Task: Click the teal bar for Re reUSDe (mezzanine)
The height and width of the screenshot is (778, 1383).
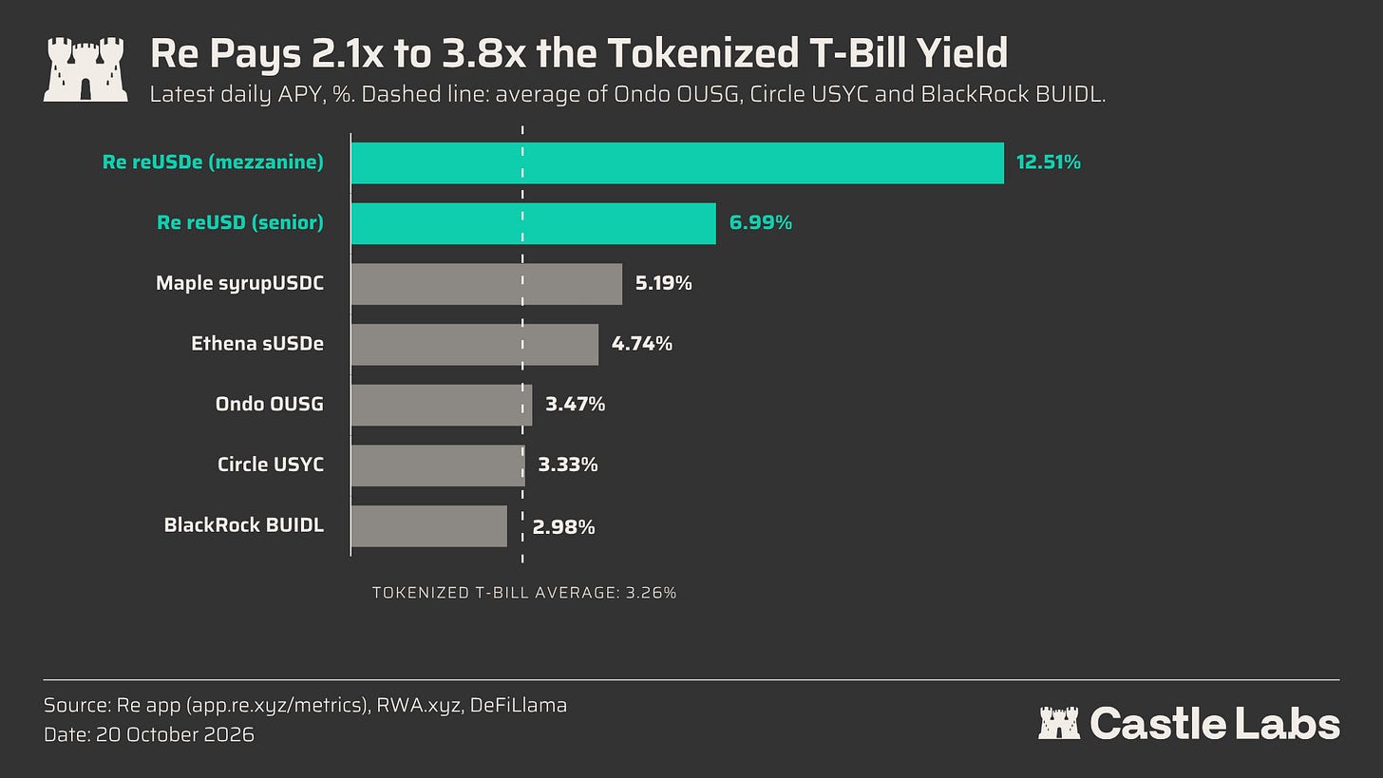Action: click(x=677, y=163)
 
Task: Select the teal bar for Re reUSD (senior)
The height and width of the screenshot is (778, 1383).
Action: click(x=534, y=223)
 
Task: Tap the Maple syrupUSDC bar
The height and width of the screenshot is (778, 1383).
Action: click(x=486, y=284)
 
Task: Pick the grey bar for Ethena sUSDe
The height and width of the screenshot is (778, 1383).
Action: click(x=475, y=345)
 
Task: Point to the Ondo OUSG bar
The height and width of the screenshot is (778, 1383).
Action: click(x=442, y=405)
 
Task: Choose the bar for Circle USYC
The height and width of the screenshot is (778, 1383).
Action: click(x=439, y=465)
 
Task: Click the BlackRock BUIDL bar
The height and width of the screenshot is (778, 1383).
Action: click(x=429, y=526)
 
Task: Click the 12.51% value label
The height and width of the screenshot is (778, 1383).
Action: click(x=1049, y=162)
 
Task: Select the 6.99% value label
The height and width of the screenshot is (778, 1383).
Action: click(x=761, y=223)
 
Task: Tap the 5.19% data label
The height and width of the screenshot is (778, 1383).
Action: click(x=664, y=283)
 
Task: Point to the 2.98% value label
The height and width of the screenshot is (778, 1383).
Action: click(x=563, y=527)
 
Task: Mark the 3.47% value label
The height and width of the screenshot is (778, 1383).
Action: click(x=575, y=405)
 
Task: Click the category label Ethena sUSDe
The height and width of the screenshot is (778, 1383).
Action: click(x=257, y=343)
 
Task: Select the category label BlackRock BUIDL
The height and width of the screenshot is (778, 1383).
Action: click(x=244, y=524)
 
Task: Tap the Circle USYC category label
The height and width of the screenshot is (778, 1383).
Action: click(x=271, y=465)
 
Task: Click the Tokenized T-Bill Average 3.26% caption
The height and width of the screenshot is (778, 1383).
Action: click(x=524, y=593)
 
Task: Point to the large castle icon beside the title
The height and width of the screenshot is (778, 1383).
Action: click(x=85, y=69)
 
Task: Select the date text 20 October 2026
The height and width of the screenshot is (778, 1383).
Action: click(x=175, y=735)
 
